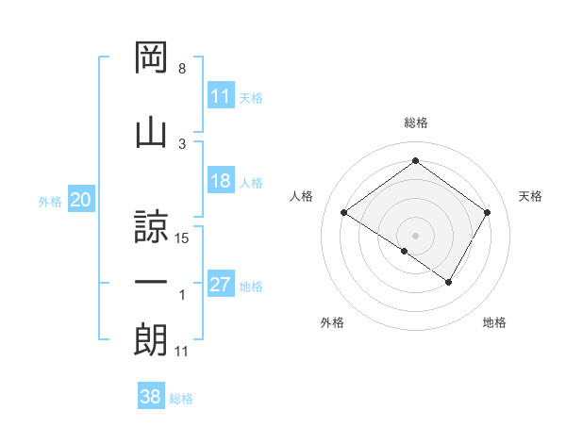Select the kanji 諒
click(x=152, y=225)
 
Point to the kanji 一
click(x=152, y=283)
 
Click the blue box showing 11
click(x=220, y=97)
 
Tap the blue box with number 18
click(x=220, y=182)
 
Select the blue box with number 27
click(x=220, y=286)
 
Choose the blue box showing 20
click(x=80, y=200)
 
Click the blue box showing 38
click(x=150, y=398)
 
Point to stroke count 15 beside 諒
click(x=183, y=238)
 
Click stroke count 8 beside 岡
click(x=182, y=70)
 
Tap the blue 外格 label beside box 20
click(x=50, y=201)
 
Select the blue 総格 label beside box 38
click(x=181, y=399)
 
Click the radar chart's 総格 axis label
click(x=415, y=123)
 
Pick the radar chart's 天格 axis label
click(x=530, y=196)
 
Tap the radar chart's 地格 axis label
click(x=494, y=322)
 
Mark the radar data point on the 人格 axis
click(x=344, y=213)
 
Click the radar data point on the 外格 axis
click(x=405, y=251)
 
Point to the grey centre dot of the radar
click(x=415, y=235)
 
